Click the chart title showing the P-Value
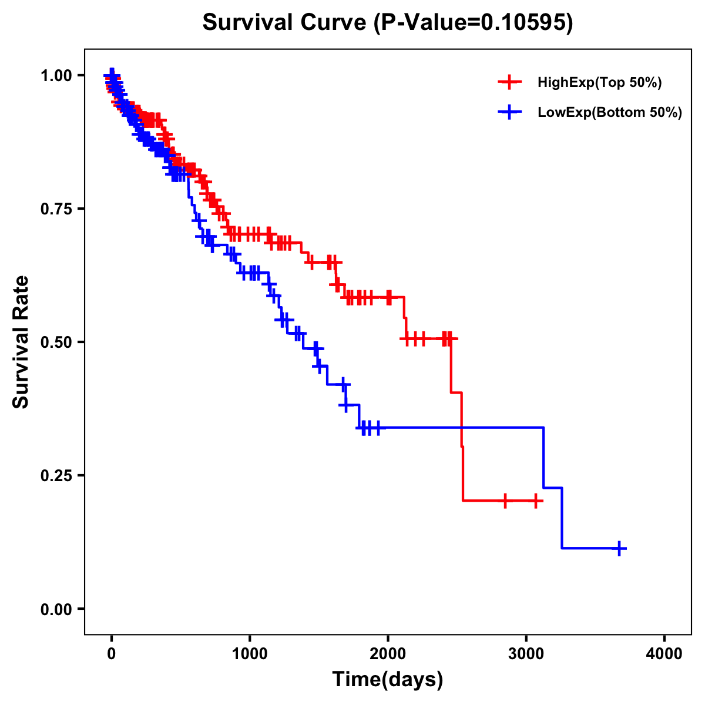pos(387,22)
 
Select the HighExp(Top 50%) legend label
pos(599,83)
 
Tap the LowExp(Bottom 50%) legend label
pos(610,113)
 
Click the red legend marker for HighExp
pos(509,83)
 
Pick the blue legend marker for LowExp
pos(509,112)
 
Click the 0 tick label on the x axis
pos(112,654)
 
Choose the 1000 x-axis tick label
pos(250,654)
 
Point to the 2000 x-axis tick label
pos(388,654)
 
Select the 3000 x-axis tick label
pos(526,654)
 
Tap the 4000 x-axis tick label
pos(664,654)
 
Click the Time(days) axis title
pos(388,680)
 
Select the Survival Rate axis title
pos(21,341)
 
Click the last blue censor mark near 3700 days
pos(619,548)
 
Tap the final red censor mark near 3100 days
pos(535,501)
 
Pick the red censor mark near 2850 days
pos(505,501)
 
